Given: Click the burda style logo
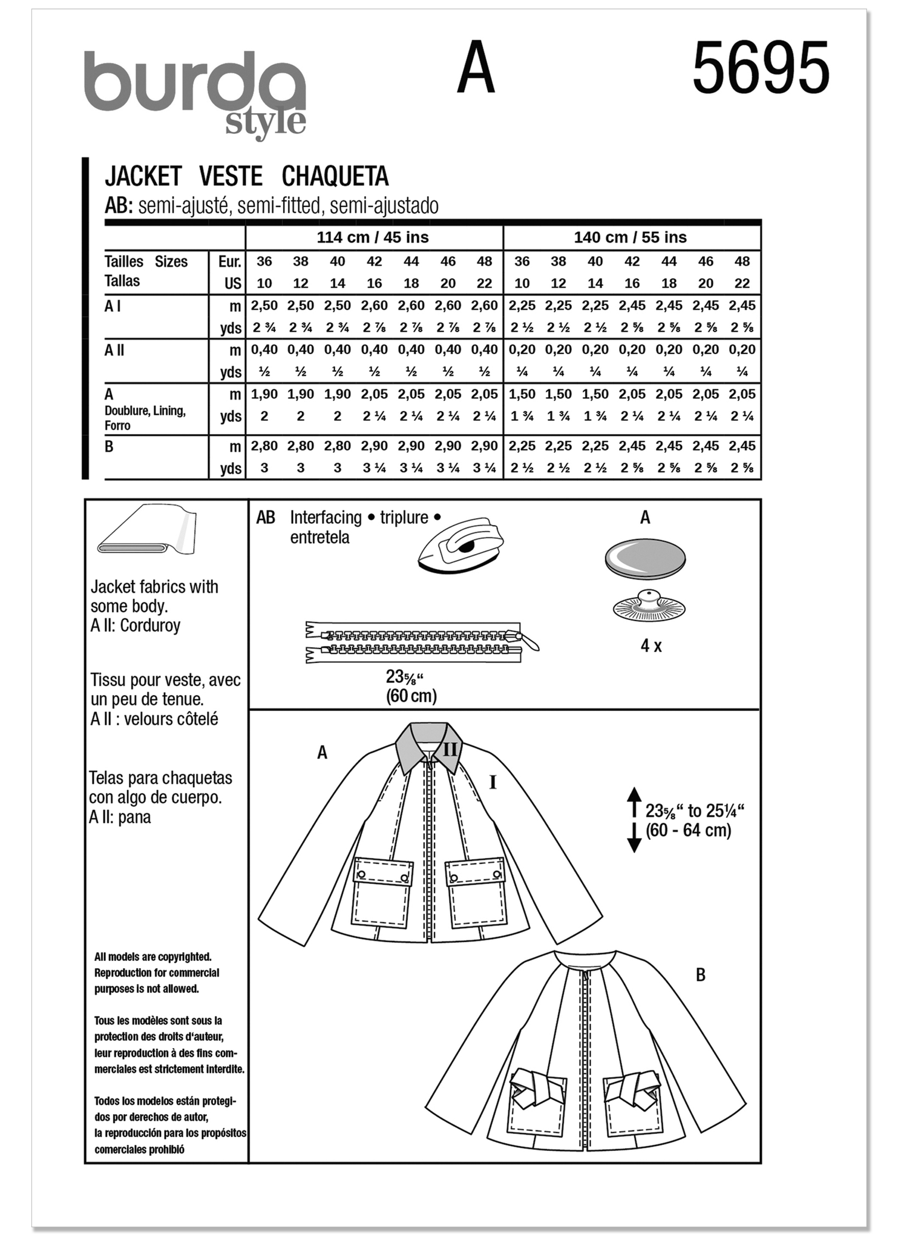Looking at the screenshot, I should pos(195,92).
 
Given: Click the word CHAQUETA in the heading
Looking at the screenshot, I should pos(335,176).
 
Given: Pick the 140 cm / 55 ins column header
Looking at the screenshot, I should pos(630,237).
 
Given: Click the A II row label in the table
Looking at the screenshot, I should pos(114,350).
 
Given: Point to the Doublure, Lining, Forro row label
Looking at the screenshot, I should pos(145,417).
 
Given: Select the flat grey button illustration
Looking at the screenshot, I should pos(644,559).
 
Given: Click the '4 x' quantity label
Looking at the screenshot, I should pos(651,646).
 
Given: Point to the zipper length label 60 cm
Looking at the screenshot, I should pos(411,696).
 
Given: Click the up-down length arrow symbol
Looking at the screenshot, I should pos(634,820).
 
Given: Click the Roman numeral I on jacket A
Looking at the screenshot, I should pos(493,783).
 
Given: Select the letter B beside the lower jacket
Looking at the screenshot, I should pos(700,975).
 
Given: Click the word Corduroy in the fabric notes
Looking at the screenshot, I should pos(150,625).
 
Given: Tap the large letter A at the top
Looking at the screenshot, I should pos(476,68).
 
